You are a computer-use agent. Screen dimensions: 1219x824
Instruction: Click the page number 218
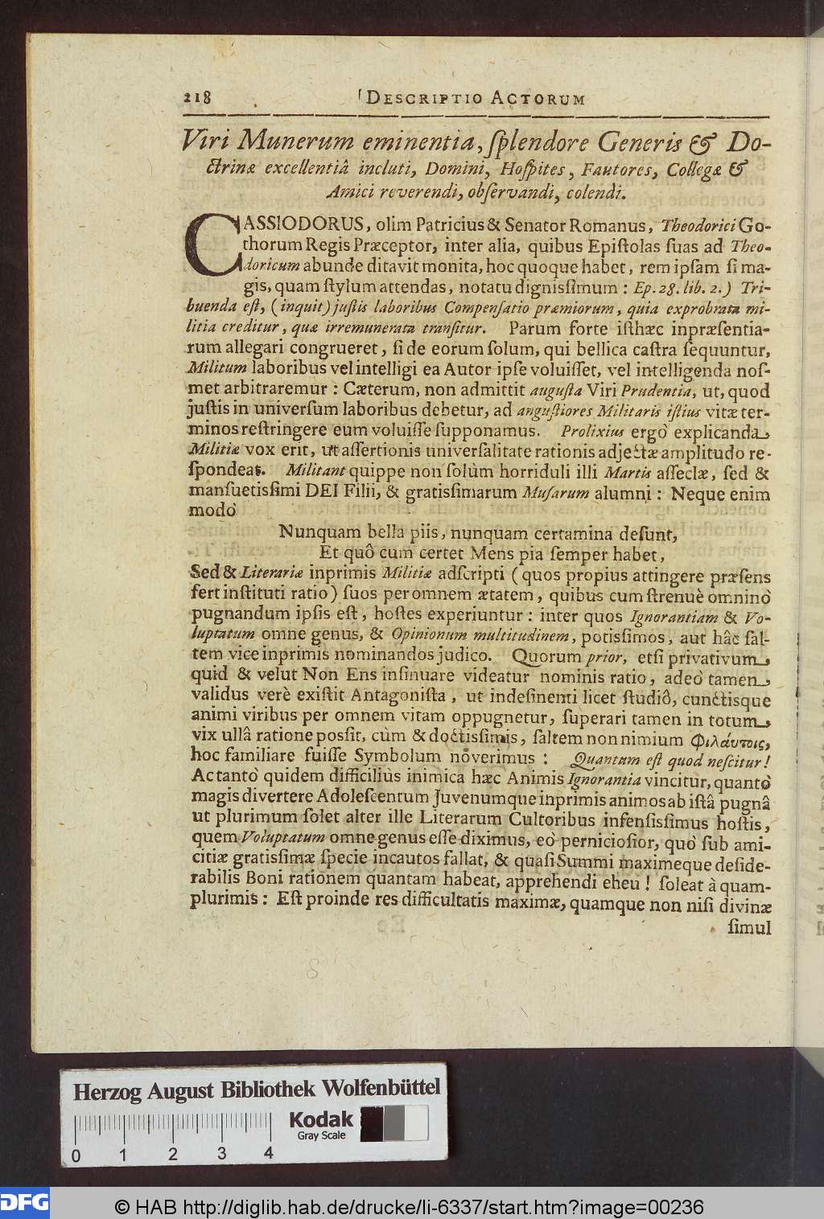(x=197, y=97)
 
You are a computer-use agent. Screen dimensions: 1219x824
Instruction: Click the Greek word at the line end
(x=731, y=738)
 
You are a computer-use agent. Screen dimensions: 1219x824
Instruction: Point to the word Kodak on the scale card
(x=320, y=1118)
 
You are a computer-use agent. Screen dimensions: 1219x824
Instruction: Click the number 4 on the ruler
(x=268, y=1154)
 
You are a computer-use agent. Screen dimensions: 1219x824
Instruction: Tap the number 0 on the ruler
(x=76, y=1155)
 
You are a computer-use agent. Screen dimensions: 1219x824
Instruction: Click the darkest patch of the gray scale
(x=372, y=1123)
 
